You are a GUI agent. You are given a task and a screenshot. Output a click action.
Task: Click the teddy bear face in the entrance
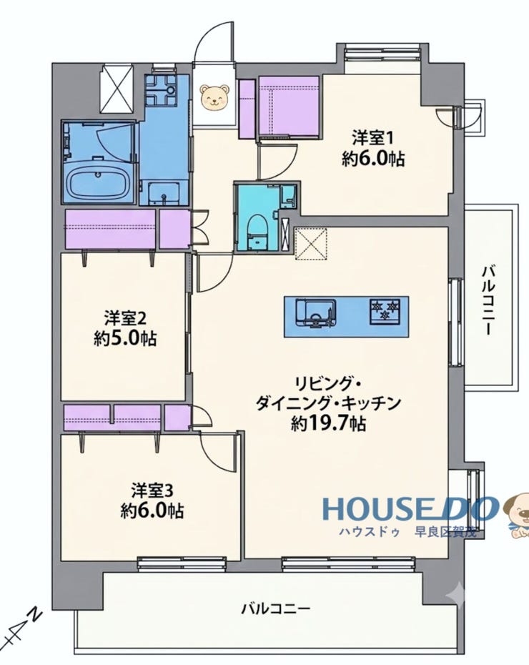214,97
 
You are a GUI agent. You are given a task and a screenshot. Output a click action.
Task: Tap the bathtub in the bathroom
99,183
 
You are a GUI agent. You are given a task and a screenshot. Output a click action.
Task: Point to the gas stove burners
385,311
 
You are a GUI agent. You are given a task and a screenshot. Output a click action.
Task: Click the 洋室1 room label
372,138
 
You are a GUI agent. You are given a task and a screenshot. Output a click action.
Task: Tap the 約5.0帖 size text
125,338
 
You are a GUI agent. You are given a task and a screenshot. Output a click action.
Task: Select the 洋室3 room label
152,491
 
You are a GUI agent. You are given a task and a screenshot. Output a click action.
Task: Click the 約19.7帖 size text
329,423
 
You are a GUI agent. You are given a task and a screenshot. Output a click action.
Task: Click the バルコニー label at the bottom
276,609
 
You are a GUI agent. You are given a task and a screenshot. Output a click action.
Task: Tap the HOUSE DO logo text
410,509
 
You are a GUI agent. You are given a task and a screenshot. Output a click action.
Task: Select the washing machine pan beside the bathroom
159,90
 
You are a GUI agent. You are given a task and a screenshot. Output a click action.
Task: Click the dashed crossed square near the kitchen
311,243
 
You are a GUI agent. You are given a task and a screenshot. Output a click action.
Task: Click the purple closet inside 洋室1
289,106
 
